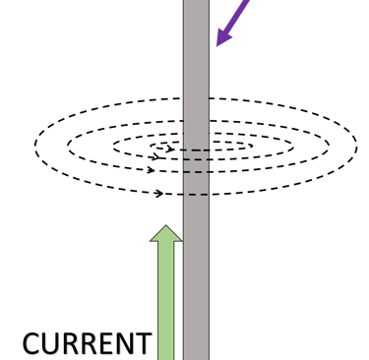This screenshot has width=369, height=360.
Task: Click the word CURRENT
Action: pyautogui.click(x=87, y=344)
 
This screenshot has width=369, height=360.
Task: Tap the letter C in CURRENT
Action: pyautogui.click(x=31, y=345)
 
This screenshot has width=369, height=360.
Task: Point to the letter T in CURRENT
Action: pyautogui.click(x=143, y=345)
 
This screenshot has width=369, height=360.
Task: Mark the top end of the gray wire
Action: pyautogui.click(x=196, y=3)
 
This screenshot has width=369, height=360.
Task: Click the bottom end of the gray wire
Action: pyautogui.click(x=196, y=356)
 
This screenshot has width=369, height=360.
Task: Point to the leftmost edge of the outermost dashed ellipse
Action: pyautogui.click(x=33, y=148)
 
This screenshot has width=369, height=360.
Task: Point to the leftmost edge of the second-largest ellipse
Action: pyautogui.click(x=68, y=148)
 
